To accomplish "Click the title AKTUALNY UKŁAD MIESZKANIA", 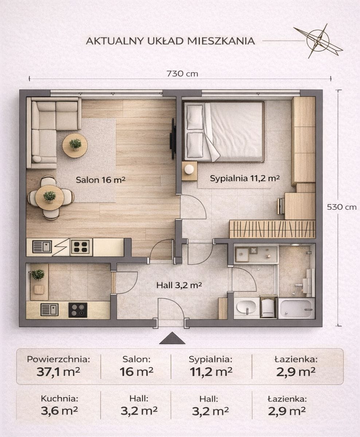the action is tap(170, 41).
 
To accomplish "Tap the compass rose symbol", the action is tap(318, 41).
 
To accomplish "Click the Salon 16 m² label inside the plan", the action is tap(101, 180).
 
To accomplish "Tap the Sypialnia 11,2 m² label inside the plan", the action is tap(245, 178).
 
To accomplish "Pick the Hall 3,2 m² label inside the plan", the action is tap(179, 285).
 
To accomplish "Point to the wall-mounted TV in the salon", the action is tap(173, 139).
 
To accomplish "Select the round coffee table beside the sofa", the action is tap(75, 145).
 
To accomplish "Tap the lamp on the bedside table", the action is tap(189, 169).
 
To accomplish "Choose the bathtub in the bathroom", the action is tap(296, 308).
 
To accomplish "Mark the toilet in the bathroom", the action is tap(268, 307).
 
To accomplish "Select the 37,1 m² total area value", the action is tap(58, 372).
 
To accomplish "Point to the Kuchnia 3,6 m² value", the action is tap(59, 411).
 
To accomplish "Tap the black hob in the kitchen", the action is tap(78, 310).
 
